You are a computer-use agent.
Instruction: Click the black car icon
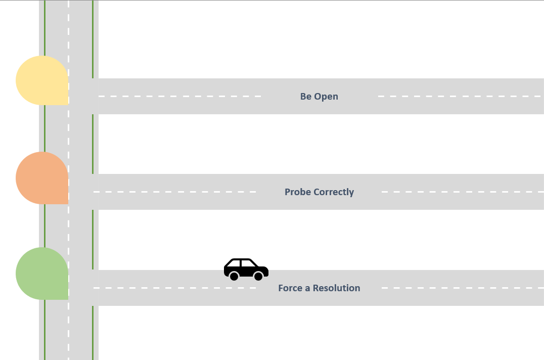click(246, 269)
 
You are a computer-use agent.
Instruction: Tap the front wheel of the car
click(258, 276)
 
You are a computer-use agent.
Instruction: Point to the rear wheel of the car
click(234, 276)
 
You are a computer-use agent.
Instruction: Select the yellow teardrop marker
click(42, 80)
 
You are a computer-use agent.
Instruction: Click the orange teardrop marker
click(42, 178)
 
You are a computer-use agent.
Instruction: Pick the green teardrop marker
click(42, 274)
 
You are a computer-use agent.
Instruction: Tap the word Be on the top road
click(306, 97)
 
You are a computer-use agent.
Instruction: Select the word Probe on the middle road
click(298, 192)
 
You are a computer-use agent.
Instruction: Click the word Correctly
click(334, 192)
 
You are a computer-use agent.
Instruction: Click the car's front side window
click(248, 263)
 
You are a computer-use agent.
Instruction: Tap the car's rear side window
click(235, 263)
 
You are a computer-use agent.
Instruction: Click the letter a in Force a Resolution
click(307, 289)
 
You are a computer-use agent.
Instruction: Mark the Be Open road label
click(319, 97)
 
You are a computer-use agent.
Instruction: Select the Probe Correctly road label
click(319, 192)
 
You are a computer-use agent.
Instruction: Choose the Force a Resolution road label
click(319, 288)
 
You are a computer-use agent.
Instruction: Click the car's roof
click(241, 259)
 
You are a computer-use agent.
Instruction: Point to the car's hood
click(263, 269)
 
